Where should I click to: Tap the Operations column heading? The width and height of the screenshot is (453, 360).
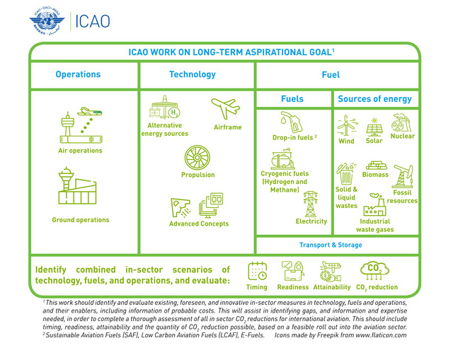78,74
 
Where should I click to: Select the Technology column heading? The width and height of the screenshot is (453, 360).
193,74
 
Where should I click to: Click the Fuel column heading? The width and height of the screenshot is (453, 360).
331,74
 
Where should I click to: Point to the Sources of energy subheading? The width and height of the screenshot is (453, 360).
374,99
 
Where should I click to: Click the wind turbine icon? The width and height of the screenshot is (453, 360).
346,126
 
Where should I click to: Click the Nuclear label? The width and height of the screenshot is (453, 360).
403,136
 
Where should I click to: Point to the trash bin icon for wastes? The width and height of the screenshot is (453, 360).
346,173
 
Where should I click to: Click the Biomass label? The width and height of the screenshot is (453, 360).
375,174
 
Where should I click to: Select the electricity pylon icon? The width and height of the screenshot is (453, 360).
310,204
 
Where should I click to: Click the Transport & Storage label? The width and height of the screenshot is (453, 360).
331,245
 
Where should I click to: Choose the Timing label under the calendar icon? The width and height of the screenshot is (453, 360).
257,287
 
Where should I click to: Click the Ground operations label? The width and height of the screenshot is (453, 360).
80,220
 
